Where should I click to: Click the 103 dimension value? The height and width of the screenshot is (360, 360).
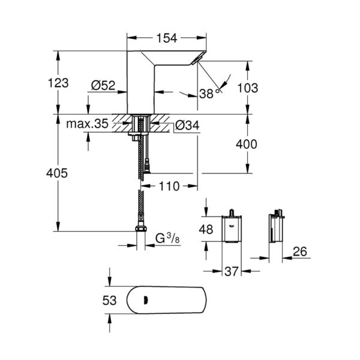(247, 88)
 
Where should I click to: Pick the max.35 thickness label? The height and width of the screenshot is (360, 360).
(87, 125)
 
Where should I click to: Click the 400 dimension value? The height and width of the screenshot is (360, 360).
(247, 144)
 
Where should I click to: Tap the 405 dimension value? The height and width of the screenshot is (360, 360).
(58, 173)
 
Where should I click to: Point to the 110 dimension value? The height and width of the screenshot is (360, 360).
(170, 187)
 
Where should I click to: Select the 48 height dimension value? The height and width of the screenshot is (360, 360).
(206, 229)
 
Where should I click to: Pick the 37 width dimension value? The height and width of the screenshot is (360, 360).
(232, 272)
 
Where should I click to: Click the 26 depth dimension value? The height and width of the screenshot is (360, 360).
(299, 253)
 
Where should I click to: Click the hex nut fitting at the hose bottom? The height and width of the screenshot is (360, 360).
(141, 229)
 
